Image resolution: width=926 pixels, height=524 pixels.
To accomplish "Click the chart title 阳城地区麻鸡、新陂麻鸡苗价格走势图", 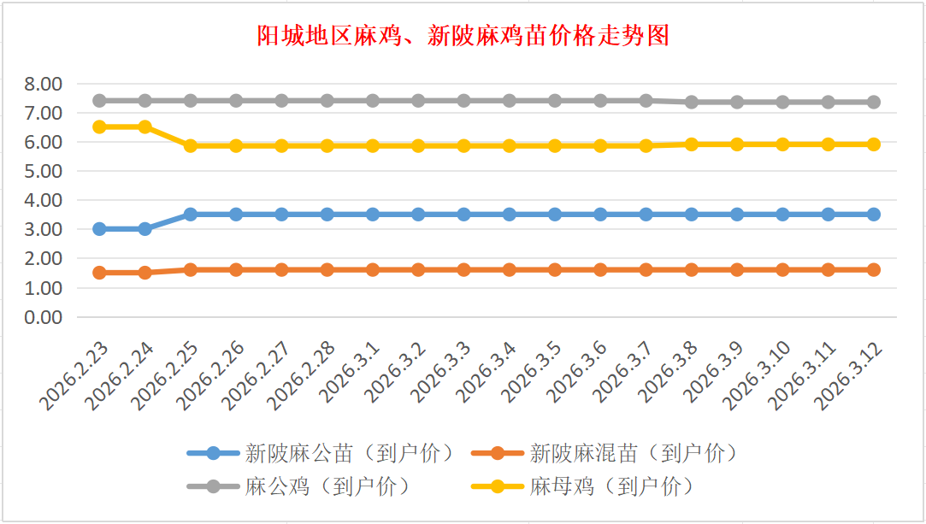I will (x=463, y=36).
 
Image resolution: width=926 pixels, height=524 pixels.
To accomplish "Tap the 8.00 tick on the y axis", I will (x=44, y=84).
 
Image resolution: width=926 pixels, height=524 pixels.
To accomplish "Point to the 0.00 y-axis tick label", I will (x=44, y=317).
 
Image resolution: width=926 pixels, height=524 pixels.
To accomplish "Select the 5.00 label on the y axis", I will (x=44, y=171).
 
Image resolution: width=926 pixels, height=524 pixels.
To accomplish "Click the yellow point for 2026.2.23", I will (x=99, y=127).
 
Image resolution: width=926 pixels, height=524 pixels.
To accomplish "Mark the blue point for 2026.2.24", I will (x=145, y=229).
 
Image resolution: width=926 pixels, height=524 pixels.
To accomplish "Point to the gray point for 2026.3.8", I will (x=692, y=102).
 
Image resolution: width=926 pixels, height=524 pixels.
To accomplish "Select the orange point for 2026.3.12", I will (x=874, y=269).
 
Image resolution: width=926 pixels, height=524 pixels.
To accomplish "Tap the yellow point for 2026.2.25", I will (x=191, y=146).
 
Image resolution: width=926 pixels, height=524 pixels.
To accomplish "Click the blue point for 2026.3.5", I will (x=555, y=215).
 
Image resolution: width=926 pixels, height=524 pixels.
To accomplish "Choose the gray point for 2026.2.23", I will (x=99, y=100).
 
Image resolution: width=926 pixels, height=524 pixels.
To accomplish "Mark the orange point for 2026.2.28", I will (x=327, y=269).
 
